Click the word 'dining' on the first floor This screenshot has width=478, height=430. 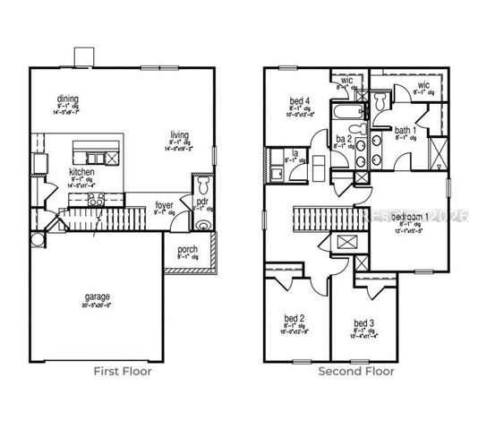click(x=67, y=99)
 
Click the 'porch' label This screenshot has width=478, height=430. click(x=187, y=249)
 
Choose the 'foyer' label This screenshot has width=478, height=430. click(x=164, y=205)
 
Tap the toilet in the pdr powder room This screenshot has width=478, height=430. click(x=202, y=185)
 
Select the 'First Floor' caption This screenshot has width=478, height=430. click(x=123, y=371)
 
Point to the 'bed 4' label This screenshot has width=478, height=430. click(x=300, y=99)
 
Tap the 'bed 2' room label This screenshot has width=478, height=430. click(x=296, y=318)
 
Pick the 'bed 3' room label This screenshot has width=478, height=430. click(x=363, y=322)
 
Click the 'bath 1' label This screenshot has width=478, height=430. click(x=405, y=131)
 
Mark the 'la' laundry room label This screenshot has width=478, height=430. click(x=294, y=153)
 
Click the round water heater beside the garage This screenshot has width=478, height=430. click(x=38, y=239)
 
